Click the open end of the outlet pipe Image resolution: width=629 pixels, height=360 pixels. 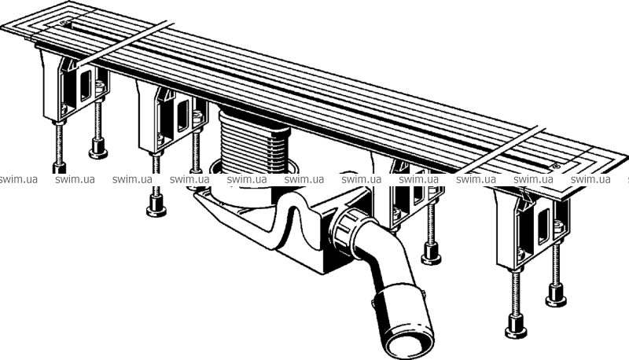pos(409,343)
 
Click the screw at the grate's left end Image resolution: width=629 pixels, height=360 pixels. pos(64,23)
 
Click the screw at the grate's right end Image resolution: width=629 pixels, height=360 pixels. pos(556,166)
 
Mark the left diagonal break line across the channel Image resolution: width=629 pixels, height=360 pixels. pos(125,43)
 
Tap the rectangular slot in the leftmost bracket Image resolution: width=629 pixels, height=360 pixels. pos(86,85)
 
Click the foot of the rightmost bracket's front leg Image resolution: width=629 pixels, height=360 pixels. pos(516,327)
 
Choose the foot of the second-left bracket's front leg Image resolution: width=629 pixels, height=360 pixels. pos(156,206)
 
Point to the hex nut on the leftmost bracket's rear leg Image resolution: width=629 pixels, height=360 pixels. pos(100,86)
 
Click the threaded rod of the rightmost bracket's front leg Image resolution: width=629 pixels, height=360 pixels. pos(516,292)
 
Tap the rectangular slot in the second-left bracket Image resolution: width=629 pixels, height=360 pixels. pos(182,116)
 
